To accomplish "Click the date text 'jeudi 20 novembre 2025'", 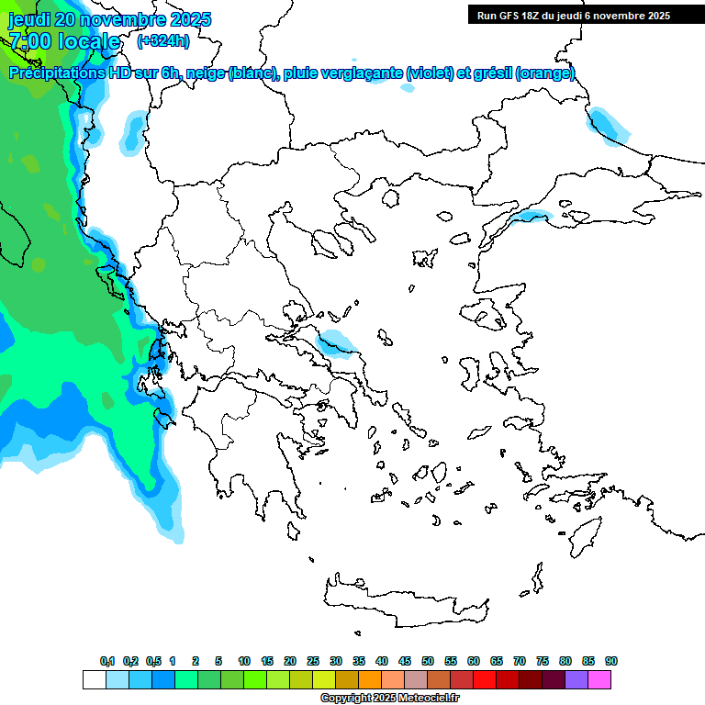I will click(110, 19).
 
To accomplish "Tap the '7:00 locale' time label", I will click(64, 41).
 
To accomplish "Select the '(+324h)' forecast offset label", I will click(163, 41).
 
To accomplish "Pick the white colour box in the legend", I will click(94, 680).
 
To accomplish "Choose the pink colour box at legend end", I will click(600, 680).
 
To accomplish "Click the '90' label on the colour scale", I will click(610, 661).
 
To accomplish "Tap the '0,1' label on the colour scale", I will click(107, 661).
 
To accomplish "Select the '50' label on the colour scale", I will click(428, 661).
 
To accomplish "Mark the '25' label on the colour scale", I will click(313, 661).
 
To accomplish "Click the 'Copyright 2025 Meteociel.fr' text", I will click(390, 699).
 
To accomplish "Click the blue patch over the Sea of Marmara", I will click(531, 217).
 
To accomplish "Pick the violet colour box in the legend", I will click(576, 680).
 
